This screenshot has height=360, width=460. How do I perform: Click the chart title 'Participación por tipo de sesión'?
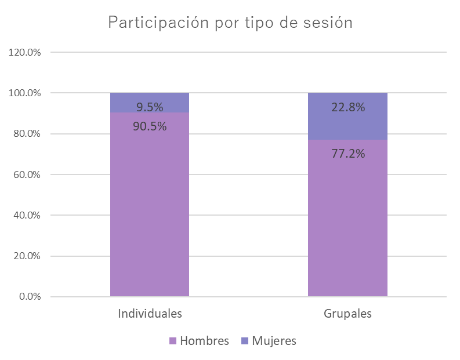[230, 23]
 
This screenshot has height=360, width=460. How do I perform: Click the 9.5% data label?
[150, 107]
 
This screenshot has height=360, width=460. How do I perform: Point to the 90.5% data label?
[150, 126]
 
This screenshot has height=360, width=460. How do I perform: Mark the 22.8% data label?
[348, 107]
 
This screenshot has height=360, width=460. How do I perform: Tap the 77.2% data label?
[348, 154]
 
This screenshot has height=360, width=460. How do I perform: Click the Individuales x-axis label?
[150, 314]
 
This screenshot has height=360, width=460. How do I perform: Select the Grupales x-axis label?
[347, 314]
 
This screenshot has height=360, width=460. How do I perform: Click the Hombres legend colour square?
[172, 341]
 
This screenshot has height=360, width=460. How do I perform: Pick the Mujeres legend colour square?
[244, 341]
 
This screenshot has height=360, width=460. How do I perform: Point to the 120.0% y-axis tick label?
[25, 52]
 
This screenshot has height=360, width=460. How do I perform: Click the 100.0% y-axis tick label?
[25, 93]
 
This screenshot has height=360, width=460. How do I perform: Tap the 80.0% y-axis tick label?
[27, 134]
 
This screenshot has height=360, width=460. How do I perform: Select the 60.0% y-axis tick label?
[27, 174]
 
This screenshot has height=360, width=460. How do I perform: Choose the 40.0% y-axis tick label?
[27, 215]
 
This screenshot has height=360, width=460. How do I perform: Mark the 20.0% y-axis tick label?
[27, 256]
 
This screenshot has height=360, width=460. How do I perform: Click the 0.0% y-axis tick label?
[28, 297]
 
